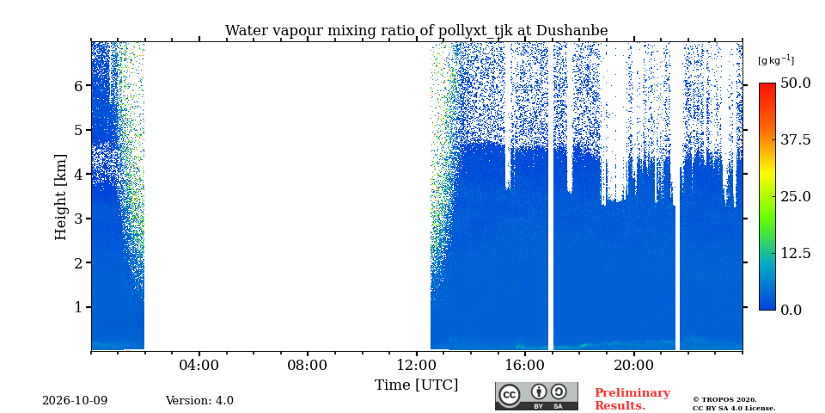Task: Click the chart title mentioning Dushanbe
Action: pos(416,31)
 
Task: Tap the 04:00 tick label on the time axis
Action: pos(199,365)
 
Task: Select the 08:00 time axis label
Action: pos(308,365)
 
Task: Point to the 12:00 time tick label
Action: pos(417,365)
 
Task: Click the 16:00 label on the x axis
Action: pos(525,365)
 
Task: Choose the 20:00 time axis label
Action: pos(634,365)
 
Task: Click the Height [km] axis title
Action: pos(61,197)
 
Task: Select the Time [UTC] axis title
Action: pos(416,385)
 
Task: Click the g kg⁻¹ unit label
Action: pos(776,60)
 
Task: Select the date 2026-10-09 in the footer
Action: pos(75,401)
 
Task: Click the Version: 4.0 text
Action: pos(199,401)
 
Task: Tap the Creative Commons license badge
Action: pos(536,396)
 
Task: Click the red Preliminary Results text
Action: pos(632,399)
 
